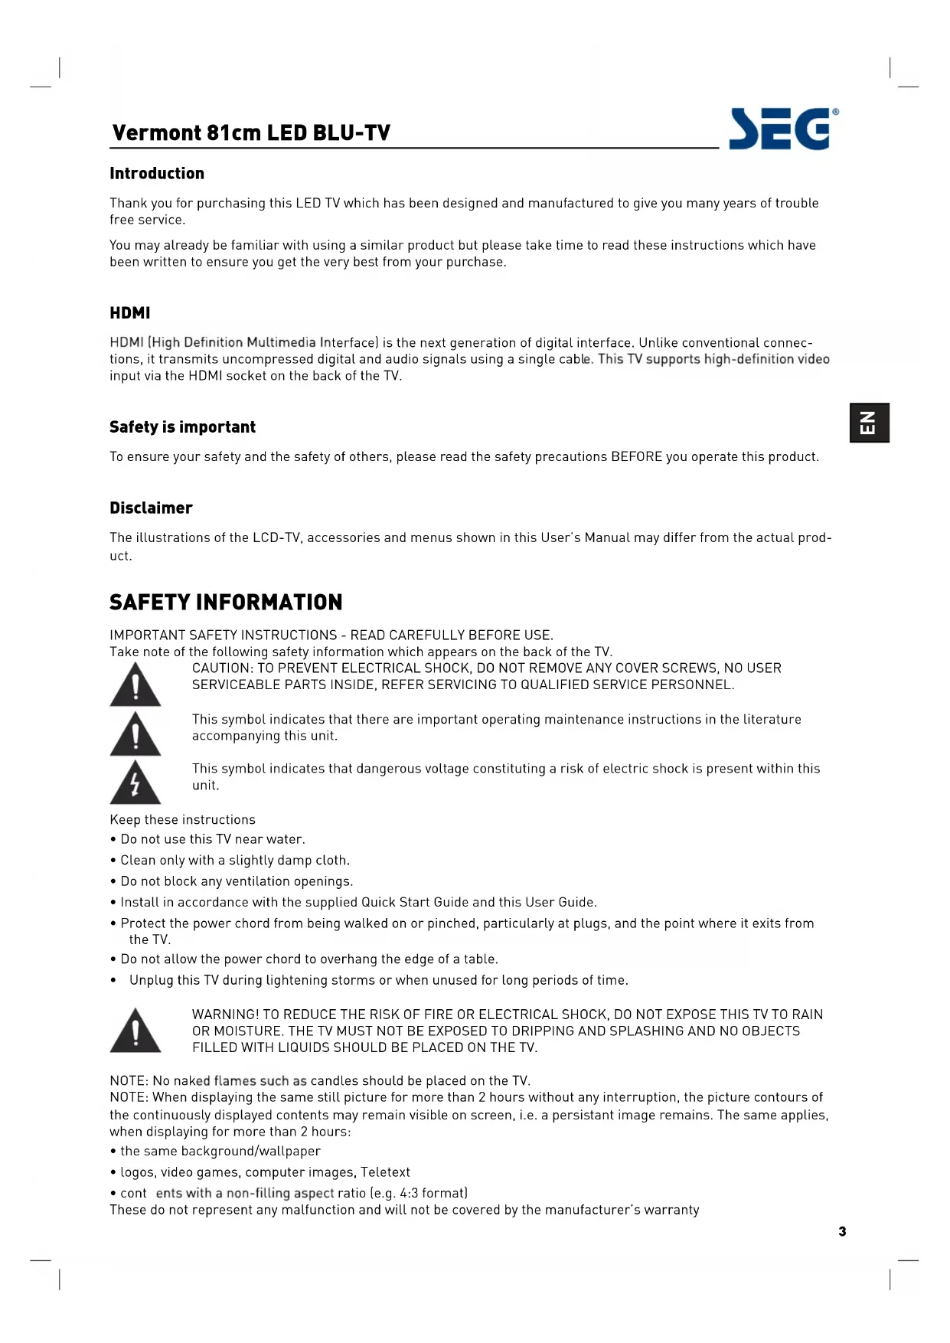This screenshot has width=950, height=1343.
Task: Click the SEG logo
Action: [x=782, y=129]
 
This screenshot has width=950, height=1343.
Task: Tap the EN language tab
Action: [x=869, y=423]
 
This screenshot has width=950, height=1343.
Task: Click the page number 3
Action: [x=842, y=1231]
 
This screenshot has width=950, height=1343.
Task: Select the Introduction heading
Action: [x=157, y=174]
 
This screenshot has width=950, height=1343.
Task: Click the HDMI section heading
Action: [x=130, y=313]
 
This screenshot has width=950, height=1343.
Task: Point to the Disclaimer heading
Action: [x=151, y=508]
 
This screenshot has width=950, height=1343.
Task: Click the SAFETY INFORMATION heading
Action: [x=226, y=603]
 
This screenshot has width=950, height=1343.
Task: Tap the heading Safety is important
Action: [x=182, y=427]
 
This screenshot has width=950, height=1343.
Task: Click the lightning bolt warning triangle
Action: [x=135, y=783]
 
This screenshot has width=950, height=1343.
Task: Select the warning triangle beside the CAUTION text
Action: [x=135, y=685]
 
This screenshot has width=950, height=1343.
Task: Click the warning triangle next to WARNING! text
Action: [x=135, y=1031]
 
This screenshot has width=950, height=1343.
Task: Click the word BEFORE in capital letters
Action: [x=636, y=457]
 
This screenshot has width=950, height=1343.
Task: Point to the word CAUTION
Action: [x=221, y=668]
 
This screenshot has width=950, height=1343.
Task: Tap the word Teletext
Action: [x=385, y=1172]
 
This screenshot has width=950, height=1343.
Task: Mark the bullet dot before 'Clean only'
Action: [x=113, y=861]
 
